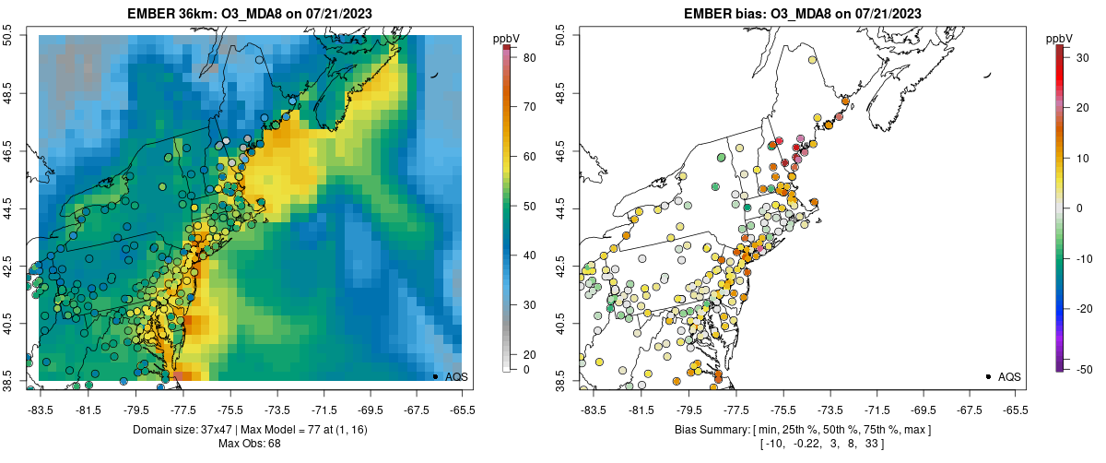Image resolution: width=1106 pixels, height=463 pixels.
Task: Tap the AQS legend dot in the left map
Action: pos(435,376)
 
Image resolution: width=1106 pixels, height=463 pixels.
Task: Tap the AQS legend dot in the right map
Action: pos(988,376)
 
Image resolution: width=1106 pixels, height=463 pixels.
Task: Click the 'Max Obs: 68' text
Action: pos(249,444)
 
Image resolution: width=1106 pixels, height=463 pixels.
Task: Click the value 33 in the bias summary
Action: pos(868,444)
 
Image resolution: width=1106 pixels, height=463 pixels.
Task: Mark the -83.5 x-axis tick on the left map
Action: pos(41,409)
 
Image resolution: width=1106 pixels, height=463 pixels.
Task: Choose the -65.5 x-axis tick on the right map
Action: pos(1015,409)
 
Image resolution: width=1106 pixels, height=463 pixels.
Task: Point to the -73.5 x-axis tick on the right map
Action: pos(828,409)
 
